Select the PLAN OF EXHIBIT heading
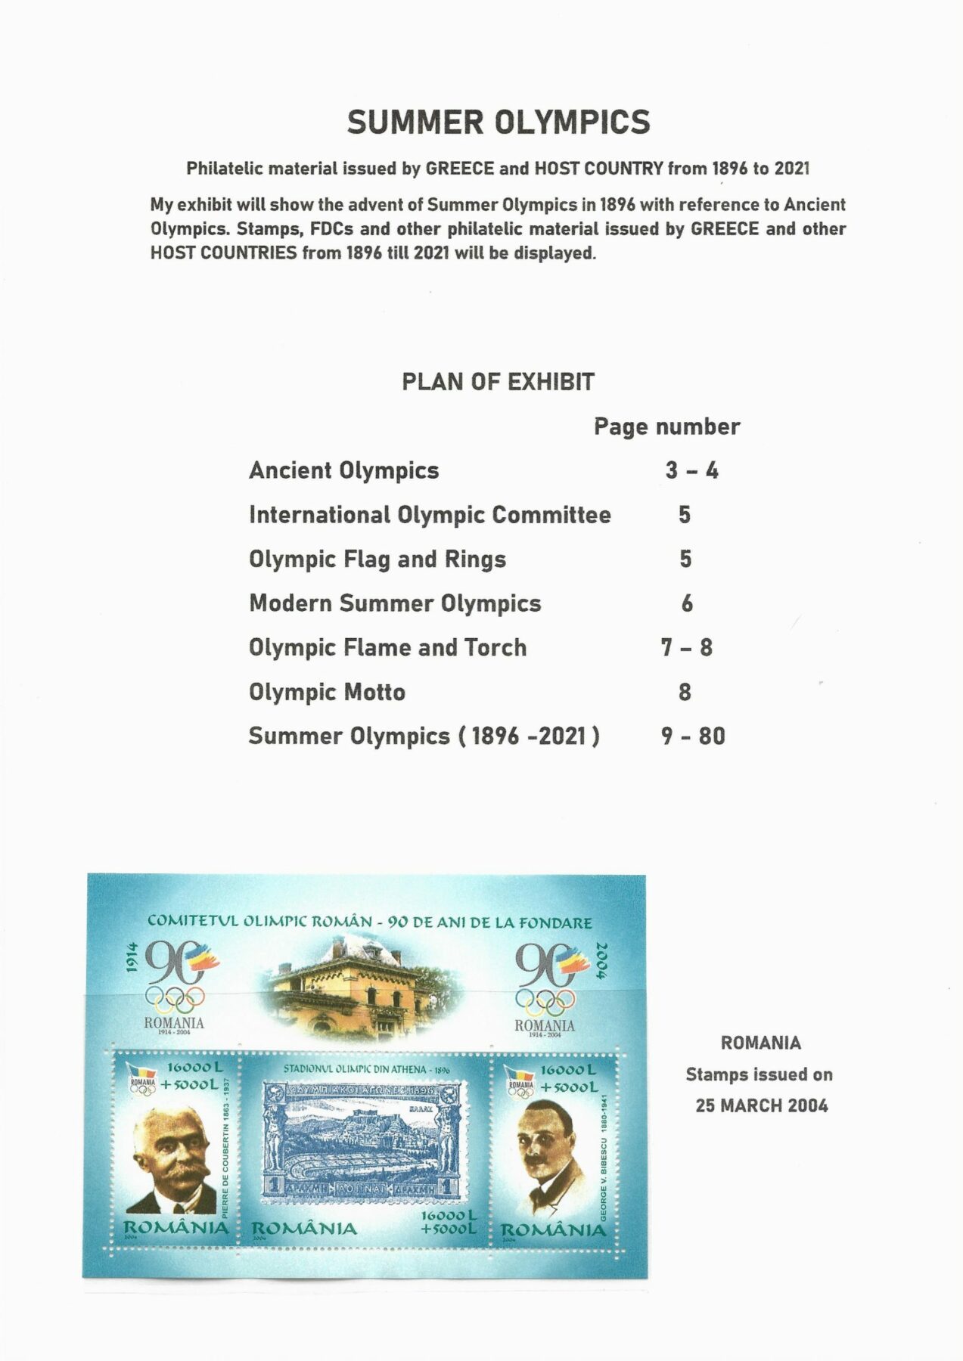click(x=498, y=382)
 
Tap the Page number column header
click(x=666, y=426)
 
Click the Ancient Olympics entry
click(x=344, y=470)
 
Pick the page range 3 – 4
click(x=691, y=470)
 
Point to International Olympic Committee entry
click(x=430, y=515)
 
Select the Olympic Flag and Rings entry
click(x=377, y=560)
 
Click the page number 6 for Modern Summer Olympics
click(x=687, y=603)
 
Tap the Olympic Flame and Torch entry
click(x=387, y=648)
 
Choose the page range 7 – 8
click(x=686, y=648)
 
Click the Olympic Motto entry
click(x=327, y=692)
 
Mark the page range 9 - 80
click(x=692, y=736)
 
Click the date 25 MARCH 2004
click(x=761, y=1105)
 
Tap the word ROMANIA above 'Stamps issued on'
click(x=760, y=1043)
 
